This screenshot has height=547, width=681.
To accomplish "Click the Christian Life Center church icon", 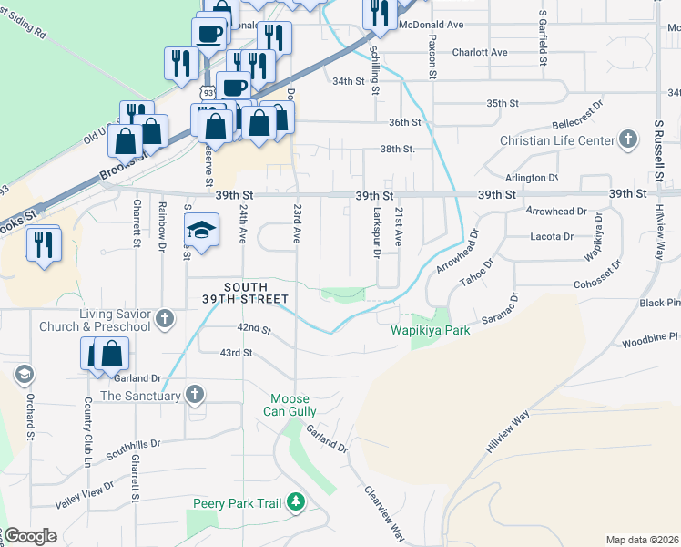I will (x=626, y=140).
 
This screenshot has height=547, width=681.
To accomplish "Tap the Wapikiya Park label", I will (x=431, y=330).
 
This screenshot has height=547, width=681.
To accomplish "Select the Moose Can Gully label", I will (x=290, y=407).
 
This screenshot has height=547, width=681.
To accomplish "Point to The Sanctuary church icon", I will (x=194, y=395).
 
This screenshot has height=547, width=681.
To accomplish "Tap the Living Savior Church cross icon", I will (x=164, y=319).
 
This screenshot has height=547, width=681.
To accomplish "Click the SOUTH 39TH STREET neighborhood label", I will (x=244, y=293).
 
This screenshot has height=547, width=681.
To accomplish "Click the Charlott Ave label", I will (x=480, y=53).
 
